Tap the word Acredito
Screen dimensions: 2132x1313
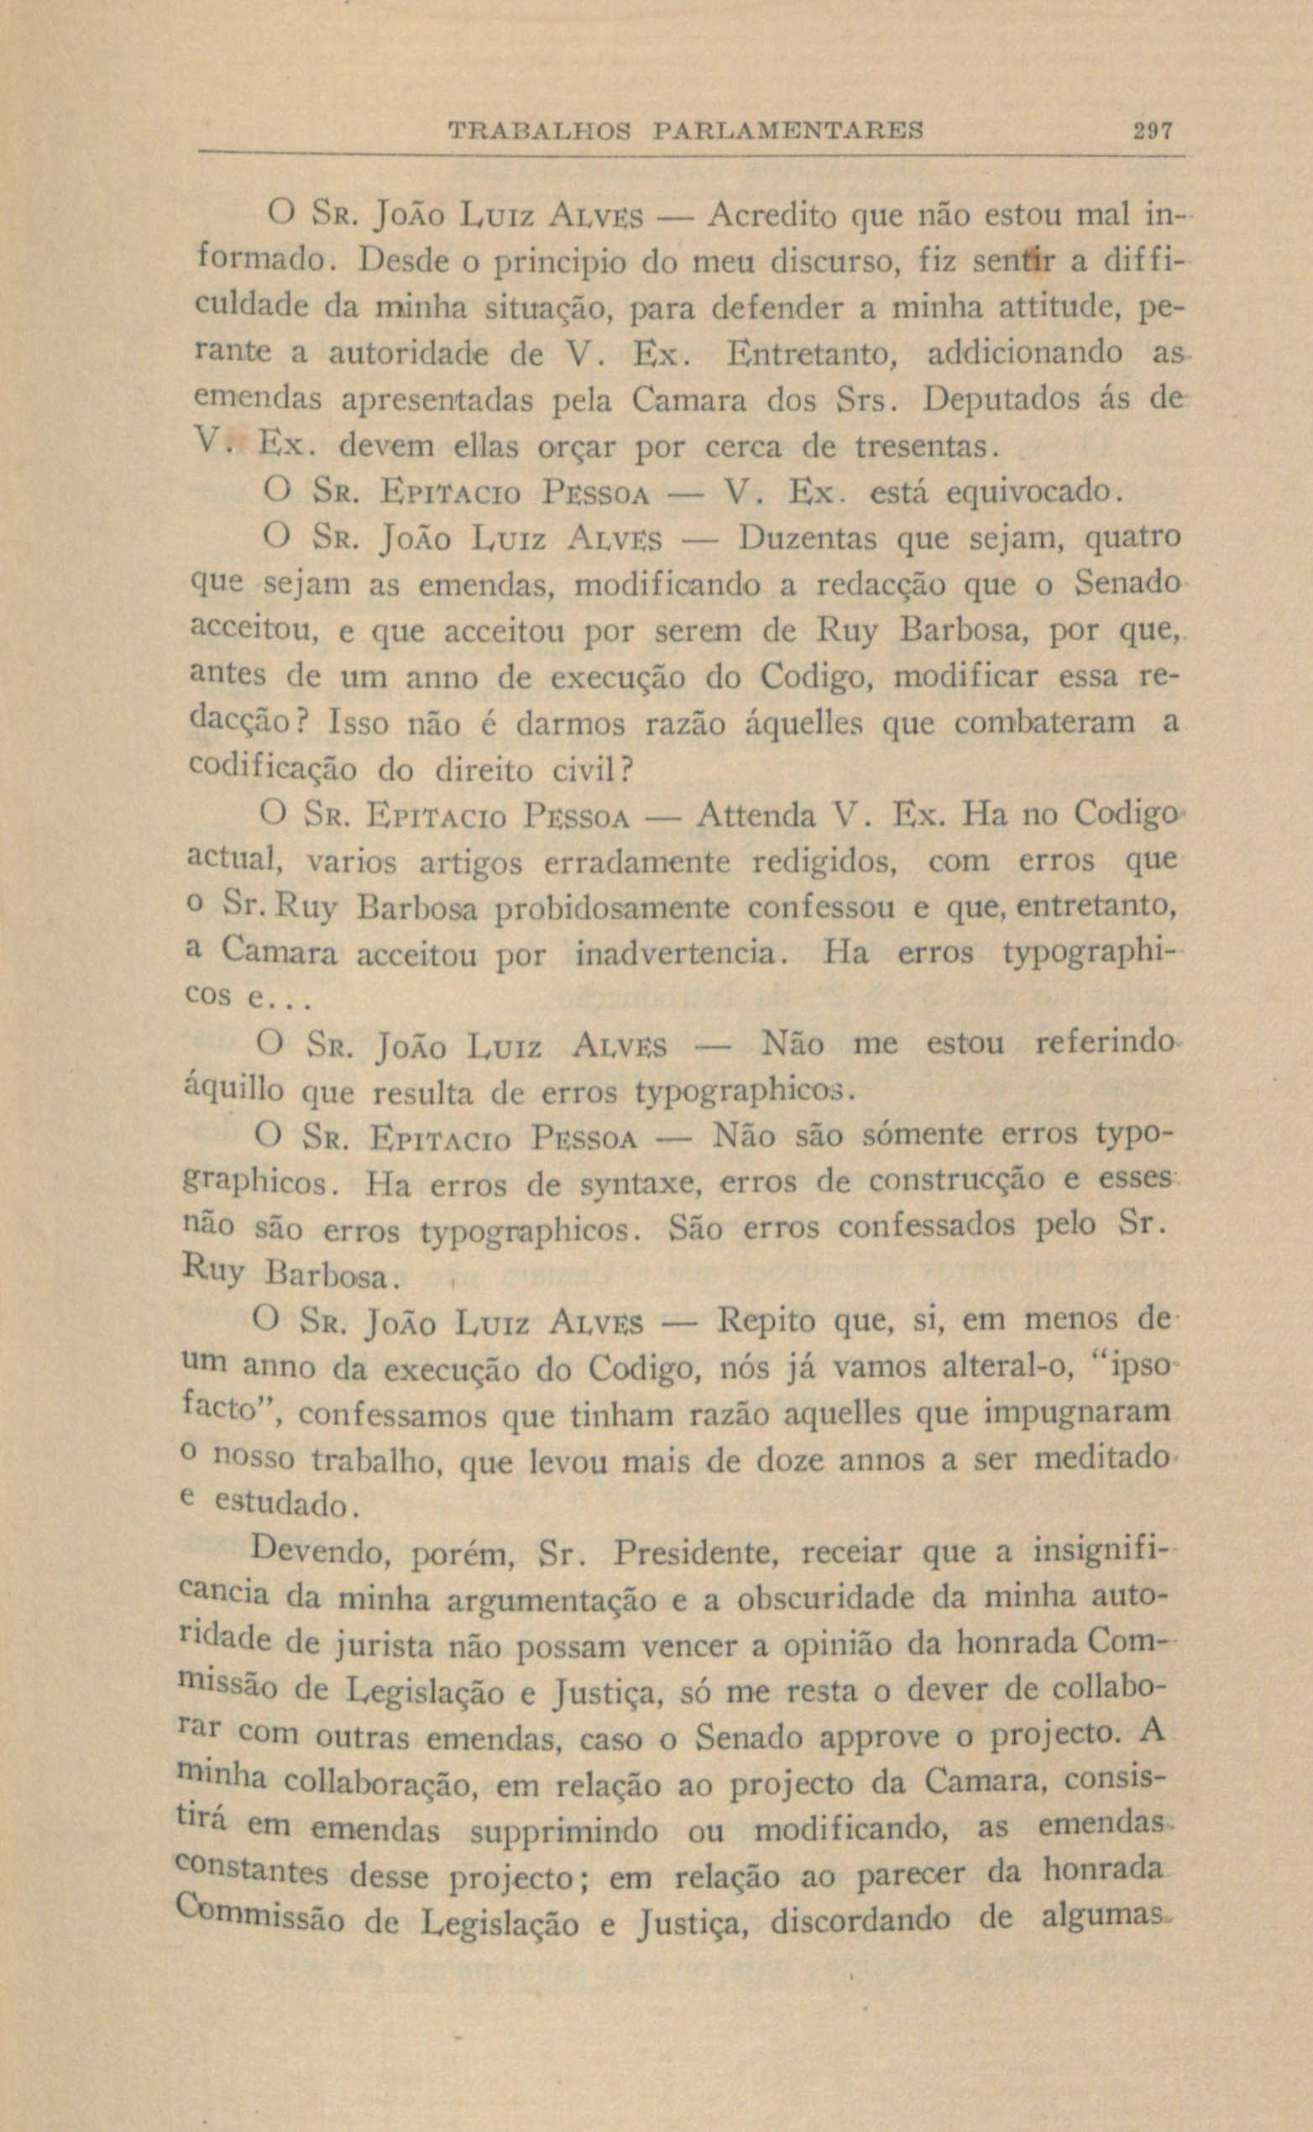click(x=773, y=214)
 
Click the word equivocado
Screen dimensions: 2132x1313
click(x=1028, y=491)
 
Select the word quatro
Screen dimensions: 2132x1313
click(x=1134, y=540)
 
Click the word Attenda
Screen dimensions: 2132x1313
click(x=756, y=815)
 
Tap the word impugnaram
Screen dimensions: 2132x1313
click(x=1076, y=1414)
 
